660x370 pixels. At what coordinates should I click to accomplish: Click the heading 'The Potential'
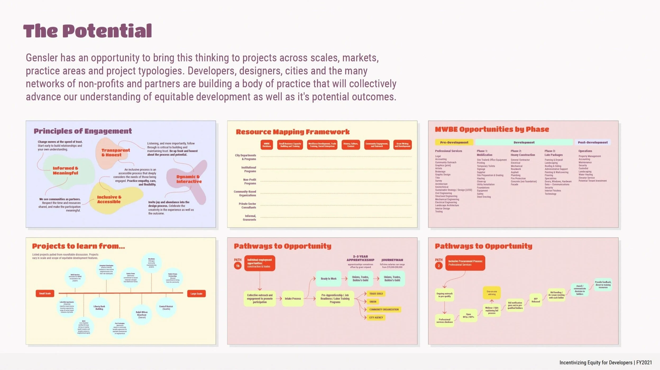(88, 31)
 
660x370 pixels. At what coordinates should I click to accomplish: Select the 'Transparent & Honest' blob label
(115, 152)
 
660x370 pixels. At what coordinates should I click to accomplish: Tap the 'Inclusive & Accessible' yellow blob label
(109, 199)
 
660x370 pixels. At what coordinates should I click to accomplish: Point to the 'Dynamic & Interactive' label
(189, 179)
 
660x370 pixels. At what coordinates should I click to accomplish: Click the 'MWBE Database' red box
(267, 145)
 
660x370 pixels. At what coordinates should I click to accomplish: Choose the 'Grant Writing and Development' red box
(402, 145)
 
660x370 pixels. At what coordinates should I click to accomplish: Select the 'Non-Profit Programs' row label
(250, 181)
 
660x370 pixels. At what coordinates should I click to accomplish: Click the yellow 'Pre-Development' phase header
(454, 142)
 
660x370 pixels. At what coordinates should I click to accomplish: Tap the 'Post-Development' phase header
(593, 142)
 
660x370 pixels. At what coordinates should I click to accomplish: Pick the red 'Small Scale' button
(45, 293)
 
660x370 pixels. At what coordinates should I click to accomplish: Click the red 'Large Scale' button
(196, 294)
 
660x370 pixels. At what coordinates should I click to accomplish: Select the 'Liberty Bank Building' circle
(99, 308)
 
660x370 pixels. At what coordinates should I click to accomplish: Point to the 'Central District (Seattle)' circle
(166, 308)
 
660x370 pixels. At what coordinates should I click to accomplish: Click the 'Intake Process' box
(293, 299)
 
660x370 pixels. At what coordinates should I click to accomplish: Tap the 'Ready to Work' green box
(328, 278)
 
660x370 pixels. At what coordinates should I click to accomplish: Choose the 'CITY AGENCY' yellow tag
(376, 317)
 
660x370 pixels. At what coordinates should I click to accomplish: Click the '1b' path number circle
(238, 266)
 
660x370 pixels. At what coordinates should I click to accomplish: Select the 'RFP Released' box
(536, 300)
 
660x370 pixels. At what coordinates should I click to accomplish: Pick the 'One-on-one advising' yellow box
(492, 293)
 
